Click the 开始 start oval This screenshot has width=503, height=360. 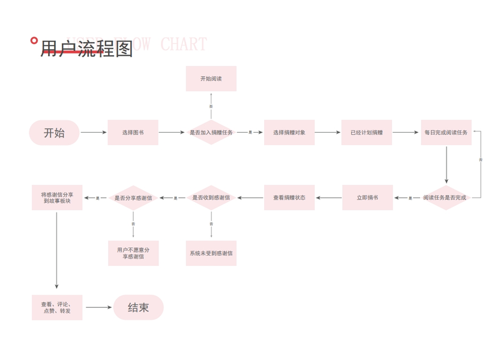54,133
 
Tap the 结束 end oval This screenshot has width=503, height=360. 138,308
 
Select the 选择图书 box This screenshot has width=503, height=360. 133,133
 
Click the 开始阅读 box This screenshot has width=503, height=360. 211,79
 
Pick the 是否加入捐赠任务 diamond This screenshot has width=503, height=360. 211,133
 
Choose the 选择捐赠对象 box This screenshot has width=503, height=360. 289,133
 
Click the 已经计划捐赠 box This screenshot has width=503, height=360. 366,133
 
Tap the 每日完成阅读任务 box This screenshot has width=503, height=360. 445,133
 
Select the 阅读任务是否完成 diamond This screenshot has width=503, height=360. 445,198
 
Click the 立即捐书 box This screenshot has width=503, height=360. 367,198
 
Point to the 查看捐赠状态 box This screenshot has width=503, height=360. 289,198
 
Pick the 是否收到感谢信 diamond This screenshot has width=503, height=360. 211,198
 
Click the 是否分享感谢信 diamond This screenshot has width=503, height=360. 133,198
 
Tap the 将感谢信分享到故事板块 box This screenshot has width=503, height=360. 57,198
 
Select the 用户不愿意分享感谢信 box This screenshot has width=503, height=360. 133,253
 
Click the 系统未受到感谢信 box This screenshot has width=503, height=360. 211,253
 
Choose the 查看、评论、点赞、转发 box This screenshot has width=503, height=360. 57,308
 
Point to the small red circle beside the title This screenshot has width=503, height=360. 34,41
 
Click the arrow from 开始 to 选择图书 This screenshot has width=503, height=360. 94,133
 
